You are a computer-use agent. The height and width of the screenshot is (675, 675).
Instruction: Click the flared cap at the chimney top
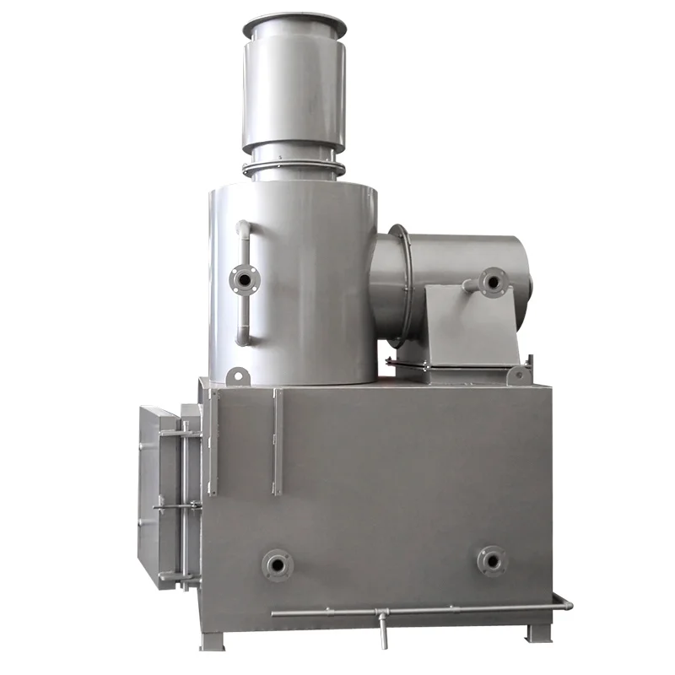coord(294,25)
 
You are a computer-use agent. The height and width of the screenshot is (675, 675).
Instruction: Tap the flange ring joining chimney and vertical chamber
coord(293,167)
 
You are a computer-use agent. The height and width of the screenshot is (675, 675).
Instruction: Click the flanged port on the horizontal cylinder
coord(492,281)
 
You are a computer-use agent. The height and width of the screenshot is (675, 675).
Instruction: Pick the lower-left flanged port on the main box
coord(276,563)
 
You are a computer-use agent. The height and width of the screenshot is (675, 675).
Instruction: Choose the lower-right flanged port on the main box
coord(491,560)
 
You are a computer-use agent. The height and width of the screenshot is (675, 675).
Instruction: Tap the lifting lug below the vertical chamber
coord(237,375)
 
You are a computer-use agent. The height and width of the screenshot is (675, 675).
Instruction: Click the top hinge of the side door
coord(178,433)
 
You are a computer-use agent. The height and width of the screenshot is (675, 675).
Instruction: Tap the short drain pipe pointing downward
coord(382,629)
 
